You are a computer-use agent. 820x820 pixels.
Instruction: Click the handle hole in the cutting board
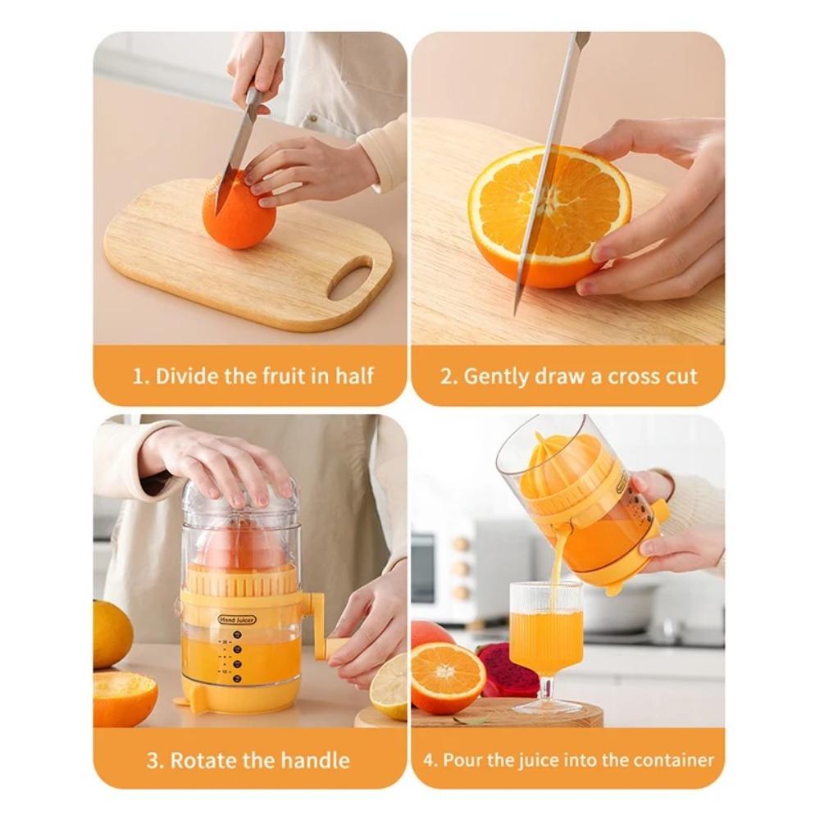350,278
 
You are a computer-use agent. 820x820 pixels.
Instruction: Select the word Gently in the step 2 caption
495,376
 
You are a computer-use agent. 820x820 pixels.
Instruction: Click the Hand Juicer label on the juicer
237,620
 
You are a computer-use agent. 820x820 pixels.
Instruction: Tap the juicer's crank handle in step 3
323,627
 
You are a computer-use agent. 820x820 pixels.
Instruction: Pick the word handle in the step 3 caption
316,760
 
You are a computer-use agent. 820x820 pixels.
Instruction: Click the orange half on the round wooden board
448,676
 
